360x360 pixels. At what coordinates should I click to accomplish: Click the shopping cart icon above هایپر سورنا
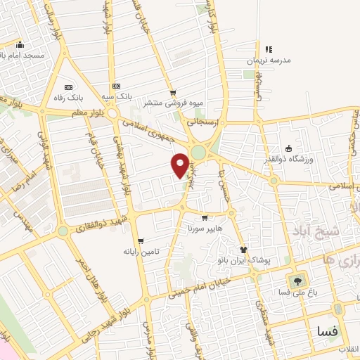205,218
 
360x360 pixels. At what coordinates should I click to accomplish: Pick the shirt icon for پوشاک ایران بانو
243,250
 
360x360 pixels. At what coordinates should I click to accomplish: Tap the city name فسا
328,330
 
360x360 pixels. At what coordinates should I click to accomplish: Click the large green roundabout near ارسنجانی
199,153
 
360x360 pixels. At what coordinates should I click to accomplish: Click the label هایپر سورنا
204,229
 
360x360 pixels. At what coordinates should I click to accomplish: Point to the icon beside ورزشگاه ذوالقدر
288,147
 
